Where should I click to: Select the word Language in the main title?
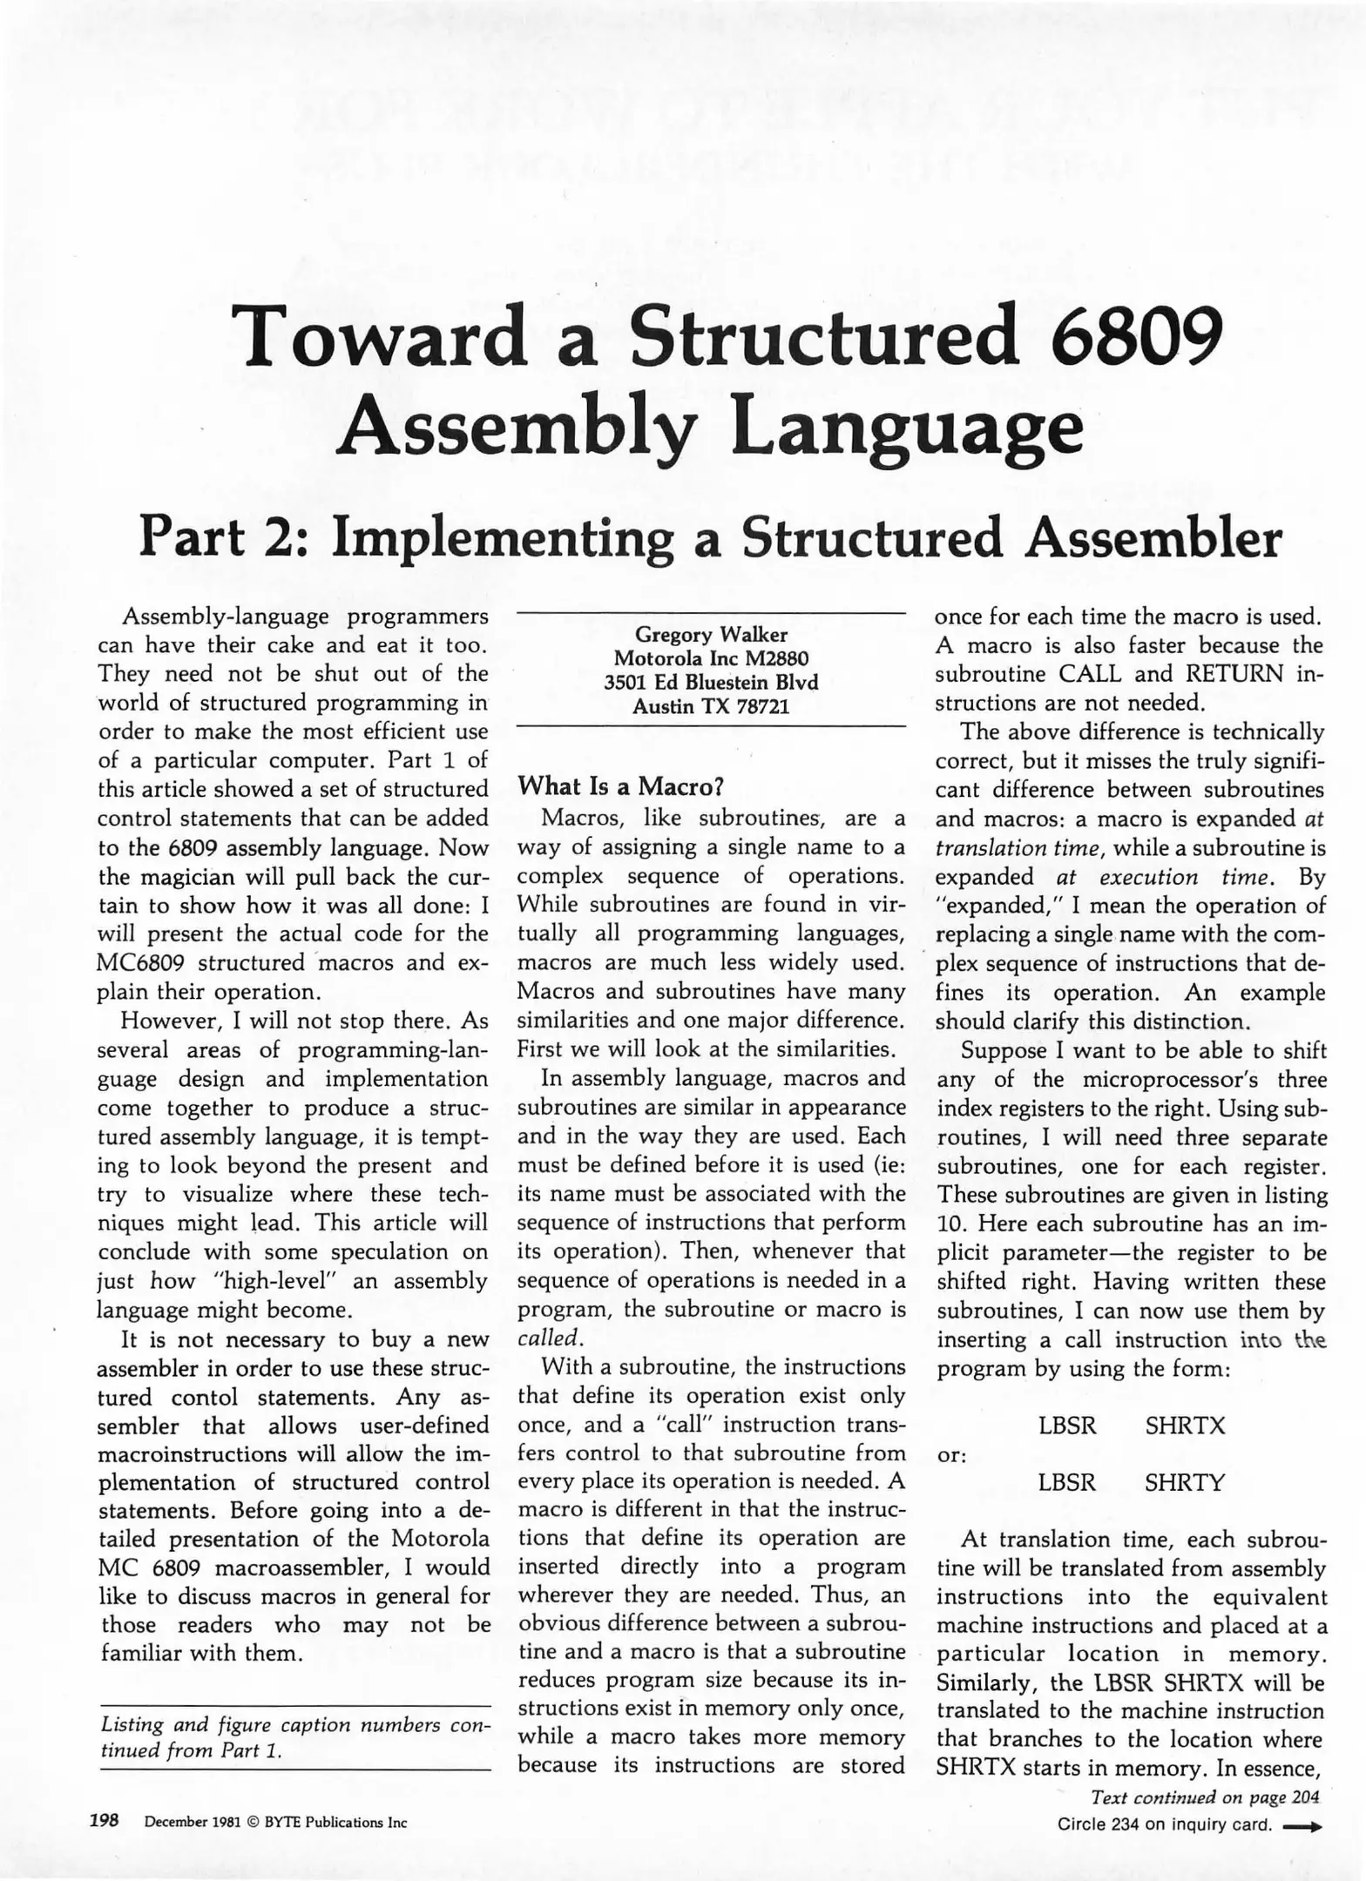(x=906, y=427)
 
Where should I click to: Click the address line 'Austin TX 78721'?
(x=711, y=706)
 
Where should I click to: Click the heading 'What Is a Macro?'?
(x=621, y=786)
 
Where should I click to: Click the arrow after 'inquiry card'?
(x=1302, y=1825)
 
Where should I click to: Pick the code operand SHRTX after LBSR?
(x=1185, y=1426)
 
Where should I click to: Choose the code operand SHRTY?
(x=1185, y=1482)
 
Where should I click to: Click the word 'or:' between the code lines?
(x=952, y=1455)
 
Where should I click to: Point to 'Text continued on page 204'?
(x=1205, y=1797)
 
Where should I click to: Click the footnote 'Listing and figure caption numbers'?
(x=296, y=1725)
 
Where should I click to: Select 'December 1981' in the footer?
(x=188, y=1822)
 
